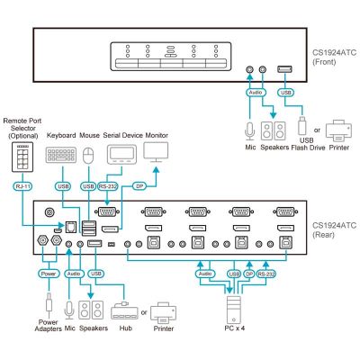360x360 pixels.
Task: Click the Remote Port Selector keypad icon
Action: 22,157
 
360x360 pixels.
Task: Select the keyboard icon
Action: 61,155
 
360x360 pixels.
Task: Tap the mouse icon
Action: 88,156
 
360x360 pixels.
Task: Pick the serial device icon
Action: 121,155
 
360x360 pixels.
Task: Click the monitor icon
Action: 156,152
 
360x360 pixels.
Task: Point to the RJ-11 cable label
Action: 22,186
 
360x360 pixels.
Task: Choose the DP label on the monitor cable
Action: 139,186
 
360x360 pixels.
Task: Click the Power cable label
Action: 49,274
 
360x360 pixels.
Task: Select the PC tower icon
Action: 234,310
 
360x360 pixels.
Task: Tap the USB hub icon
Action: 124,310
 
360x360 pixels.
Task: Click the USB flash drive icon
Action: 301,125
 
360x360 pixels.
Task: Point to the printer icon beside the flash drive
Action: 338,130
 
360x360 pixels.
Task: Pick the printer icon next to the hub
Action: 163,313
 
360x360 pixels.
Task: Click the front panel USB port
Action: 284,69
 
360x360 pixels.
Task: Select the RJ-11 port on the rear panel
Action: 70,227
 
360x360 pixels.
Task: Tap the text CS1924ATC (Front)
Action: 334,58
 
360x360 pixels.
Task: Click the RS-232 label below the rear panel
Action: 266,274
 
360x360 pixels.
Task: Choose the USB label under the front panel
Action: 285,93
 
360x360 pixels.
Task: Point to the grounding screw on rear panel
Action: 49,212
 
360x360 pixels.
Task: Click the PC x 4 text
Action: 235,328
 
